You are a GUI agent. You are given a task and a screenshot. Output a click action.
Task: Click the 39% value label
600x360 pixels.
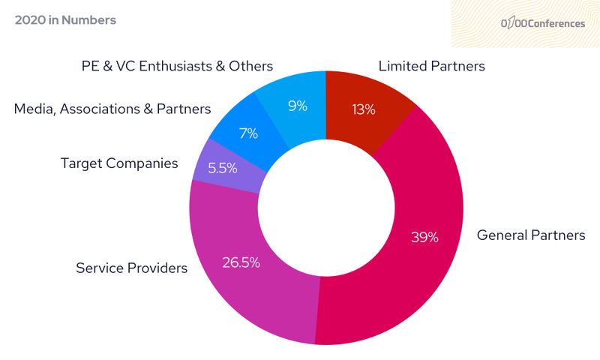click(x=424, y=237)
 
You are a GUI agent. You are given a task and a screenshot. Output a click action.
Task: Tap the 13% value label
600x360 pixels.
click(x=364, y=110)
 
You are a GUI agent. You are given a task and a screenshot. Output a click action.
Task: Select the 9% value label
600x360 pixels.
click(x=298, y=106)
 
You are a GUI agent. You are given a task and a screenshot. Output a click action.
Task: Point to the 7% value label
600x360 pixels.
click(x=248, y=133)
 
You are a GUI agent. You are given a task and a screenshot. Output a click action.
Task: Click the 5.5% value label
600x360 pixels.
click(x=223, y=168)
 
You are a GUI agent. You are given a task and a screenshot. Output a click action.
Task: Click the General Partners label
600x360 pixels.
click(x=531, y=235)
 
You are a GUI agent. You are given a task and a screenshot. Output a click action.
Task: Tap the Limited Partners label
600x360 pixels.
click(x=431, y=66)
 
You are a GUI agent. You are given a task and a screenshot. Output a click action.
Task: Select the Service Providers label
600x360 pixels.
click(x=131, y=268)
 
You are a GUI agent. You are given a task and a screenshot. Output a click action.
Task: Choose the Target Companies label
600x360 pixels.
click(x=119, y=163)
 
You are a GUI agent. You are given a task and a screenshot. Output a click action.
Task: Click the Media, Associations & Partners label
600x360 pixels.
click(x=112, y=109)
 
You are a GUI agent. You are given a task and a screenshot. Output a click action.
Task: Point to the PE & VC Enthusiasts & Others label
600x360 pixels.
click(x=177, y=66)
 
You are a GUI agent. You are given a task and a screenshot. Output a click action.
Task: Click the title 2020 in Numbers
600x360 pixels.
click(x=65, y=20)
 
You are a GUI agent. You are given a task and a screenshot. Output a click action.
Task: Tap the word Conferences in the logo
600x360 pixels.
click(x=556, y=23)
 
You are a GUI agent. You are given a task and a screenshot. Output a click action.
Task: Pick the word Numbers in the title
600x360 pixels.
click(x=90, y=20)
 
